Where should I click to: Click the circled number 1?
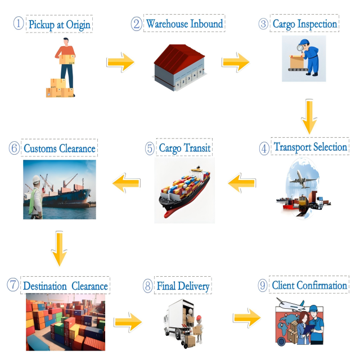[19, 24]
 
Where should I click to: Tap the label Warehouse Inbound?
[184, 24]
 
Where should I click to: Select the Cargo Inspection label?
[305, 24]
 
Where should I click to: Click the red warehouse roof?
[179, 57]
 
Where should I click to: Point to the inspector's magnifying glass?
[300, 48]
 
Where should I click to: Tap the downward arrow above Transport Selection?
[309, 116]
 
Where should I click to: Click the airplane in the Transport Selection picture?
[303, 179]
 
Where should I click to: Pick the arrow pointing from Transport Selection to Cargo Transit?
[242, 183]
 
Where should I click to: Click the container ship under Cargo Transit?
[184, 192]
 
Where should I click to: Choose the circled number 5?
[150, 148]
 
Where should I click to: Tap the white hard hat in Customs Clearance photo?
[36, 179]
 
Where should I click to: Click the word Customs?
[40, 148]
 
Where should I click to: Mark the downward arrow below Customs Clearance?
[59, 249]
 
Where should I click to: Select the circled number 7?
[12, 285]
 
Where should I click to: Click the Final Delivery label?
[183, 286]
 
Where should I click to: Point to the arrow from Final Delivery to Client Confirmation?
[247, 318]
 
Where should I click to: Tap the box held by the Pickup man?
[67, 59]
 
